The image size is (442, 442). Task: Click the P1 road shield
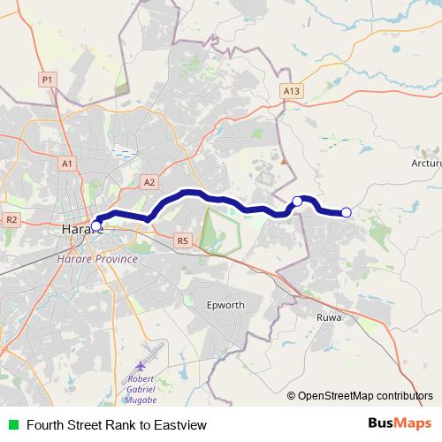tap(48, 80)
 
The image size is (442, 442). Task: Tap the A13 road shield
tap(293, 91)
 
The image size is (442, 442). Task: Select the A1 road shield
tap(67, 164)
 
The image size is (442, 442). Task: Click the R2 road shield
tap(11, 219)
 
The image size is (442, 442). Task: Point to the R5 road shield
tap(183, 239)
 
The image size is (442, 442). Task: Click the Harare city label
tap(82, 230)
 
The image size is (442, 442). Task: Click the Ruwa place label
tap(328, 315)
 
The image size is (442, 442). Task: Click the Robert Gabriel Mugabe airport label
tap(141, 387)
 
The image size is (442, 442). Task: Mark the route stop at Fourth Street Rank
tap(95, 225)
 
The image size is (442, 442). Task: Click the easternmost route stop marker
tap(347, 212)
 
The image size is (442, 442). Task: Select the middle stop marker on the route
tap(297, 202)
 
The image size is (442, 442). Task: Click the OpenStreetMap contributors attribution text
tap(365, 397)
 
